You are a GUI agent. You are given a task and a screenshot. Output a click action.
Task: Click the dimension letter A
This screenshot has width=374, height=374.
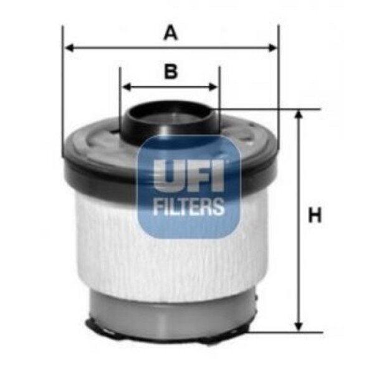(x=170, y=32)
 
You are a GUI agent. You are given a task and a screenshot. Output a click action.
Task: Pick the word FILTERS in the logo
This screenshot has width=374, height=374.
(x=189, y=206)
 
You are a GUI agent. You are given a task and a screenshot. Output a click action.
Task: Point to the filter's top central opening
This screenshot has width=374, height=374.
(x=170, y=116)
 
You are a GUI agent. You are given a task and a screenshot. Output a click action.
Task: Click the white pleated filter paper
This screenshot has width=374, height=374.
(x=112, y=237)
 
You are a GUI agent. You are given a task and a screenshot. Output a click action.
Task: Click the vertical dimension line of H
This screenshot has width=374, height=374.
(x=299, y=262)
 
